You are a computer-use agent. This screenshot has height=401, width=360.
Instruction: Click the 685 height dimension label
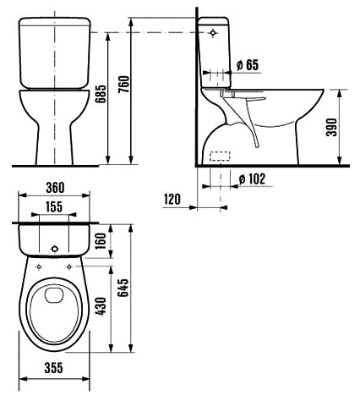click(x=101, y=94)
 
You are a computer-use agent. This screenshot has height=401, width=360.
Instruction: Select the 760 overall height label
click(x=123, y=85)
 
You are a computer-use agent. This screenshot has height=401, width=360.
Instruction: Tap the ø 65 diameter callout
click(x=248, y=65)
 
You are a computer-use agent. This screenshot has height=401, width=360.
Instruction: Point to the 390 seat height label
click(x=331, y=128)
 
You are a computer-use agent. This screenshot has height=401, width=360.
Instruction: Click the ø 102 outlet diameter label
click(x=252, y=179)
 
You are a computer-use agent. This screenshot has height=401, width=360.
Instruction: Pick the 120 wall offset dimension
click(x=172, y=200)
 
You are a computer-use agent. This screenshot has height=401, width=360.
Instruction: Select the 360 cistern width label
click(x=55, y=188)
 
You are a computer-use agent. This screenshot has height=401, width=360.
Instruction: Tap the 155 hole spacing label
click(x=54, y=206)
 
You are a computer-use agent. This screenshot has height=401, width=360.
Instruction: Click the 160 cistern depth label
click(x=101, y=240)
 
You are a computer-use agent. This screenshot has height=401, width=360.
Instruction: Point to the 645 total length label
click(x=123, y=288)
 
